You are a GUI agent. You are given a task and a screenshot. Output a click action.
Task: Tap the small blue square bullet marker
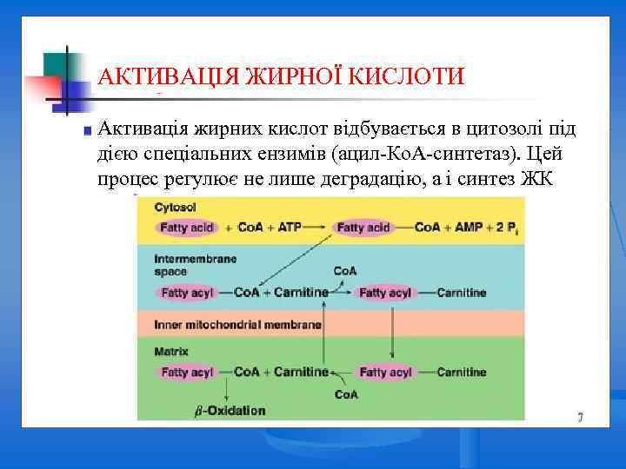pos(86,132)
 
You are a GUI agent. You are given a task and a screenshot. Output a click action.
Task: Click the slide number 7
pos(579,418)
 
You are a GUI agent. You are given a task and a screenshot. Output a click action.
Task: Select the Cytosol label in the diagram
pos(175,208)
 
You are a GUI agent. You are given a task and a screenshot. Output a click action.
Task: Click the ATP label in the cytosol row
pos(289,228)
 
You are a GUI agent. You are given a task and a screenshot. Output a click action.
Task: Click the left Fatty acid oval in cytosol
pos(186,228)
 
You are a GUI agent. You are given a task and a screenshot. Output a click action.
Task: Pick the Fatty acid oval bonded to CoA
pos(363,228)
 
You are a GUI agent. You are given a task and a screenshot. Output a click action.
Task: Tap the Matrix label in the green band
pos(171,352)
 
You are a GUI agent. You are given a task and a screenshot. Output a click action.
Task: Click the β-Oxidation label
pos(230,410)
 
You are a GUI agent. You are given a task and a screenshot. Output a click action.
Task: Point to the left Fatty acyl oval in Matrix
pos(186,372)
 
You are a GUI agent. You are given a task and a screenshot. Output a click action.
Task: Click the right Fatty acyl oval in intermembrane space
pos(385,293)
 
